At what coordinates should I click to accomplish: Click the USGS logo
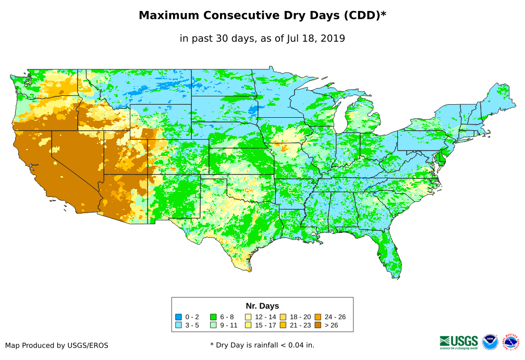(459, 341)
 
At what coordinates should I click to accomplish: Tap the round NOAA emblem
(490, 342)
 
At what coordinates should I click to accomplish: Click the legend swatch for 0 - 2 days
(178, 317)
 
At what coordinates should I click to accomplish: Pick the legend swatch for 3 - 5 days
(178, 325)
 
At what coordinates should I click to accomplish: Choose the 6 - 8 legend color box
(213, 317)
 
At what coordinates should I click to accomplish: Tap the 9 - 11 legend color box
(213, 325)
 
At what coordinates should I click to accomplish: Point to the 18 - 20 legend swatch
(283, 317)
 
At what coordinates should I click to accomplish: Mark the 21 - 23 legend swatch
(283, 325)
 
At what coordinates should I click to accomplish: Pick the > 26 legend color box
(318, 325)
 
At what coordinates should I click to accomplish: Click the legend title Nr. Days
(262, 306)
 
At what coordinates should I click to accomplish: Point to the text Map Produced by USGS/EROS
(57, 345)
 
